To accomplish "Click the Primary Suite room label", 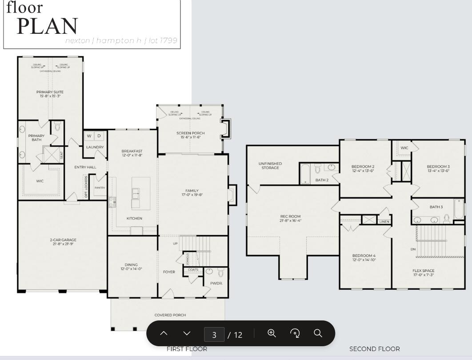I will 50,92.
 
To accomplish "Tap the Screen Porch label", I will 190,133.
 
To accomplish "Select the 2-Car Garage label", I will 63,240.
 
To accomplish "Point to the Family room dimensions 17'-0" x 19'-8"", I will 192,195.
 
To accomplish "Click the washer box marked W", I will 89,136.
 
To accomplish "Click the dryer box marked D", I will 100,136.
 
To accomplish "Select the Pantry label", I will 100,188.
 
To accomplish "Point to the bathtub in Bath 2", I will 305,174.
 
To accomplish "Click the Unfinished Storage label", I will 270,165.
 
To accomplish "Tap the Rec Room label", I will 290,216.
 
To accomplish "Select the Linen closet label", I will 384,221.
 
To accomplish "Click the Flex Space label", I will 423,271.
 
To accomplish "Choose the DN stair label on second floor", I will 413,249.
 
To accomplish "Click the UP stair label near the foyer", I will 175,244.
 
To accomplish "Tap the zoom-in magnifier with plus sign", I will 272,333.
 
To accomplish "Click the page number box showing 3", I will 214,334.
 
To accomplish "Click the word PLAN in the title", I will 47,27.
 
